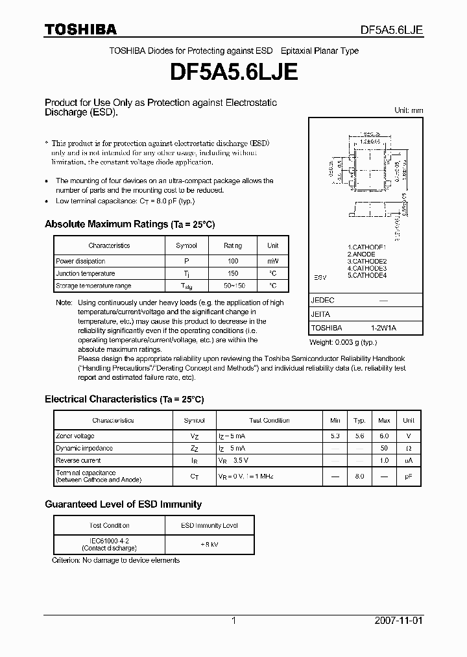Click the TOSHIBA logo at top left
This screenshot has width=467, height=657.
click(x=80, y=29)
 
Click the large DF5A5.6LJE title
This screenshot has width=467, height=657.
click(x=233, y=73)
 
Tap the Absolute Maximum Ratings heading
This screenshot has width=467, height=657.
click(x=130, y=224)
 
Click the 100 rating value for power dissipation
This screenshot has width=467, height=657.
click(x=233, y=261)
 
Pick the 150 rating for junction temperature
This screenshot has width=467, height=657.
click(x=233, y=273)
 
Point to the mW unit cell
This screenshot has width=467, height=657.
click(x=273, y=261)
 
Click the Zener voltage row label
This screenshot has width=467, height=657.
click(x=75, y=436)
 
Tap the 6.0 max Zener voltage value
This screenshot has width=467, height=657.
click(x=384, y=436)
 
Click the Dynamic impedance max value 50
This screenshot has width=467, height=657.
click(x=384, y=448)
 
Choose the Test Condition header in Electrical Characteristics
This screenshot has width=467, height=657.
click(x=269, y=421)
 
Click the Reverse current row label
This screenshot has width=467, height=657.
click(x=78, y=460)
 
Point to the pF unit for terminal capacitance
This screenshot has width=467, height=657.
click(x=409, y=477)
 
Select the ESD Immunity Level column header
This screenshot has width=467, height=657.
click(x=209, y=525)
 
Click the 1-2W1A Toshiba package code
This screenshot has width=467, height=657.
click(x=383, y=328)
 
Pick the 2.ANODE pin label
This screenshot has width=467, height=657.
click(x=361, y=254)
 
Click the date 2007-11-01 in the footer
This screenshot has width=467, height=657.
click(x=399, y=621)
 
